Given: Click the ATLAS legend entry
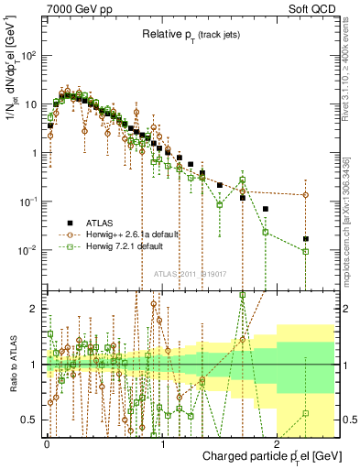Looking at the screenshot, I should (x=101, y=223).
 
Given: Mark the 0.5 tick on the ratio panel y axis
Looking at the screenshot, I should (x=33, y=420).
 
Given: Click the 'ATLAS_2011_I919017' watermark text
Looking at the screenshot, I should (x=189, y=273).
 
